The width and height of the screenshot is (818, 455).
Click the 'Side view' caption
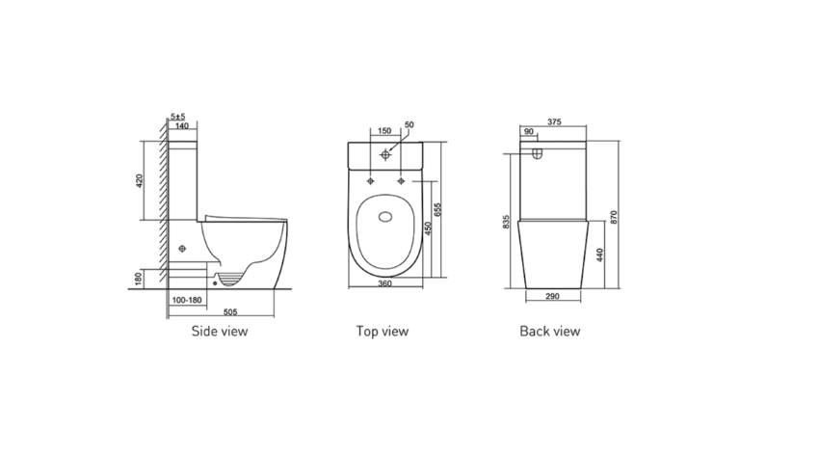[x=219, y=332]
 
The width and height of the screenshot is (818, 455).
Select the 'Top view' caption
[x=383, y=332]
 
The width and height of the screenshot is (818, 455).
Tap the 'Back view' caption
[x=550, y=332]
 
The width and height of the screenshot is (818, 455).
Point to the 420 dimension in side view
[x=140, y=180]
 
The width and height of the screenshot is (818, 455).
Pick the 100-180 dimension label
[x=186, y=301]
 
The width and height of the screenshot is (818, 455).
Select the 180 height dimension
[x=140, y=280]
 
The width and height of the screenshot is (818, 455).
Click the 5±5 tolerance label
[x=177, y=117]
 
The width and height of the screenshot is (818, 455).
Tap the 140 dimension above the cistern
[x=181, y=126]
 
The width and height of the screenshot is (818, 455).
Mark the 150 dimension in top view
[x=384, y=130]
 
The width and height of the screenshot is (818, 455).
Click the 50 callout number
[x=409, y=125]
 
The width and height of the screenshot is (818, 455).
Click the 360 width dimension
[x=383, y=283]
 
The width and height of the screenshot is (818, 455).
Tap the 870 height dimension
[x=614, y=215]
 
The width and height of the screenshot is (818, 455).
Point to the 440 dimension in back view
[x=601, y=255]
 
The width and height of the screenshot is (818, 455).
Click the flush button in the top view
[x=385, y=154]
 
